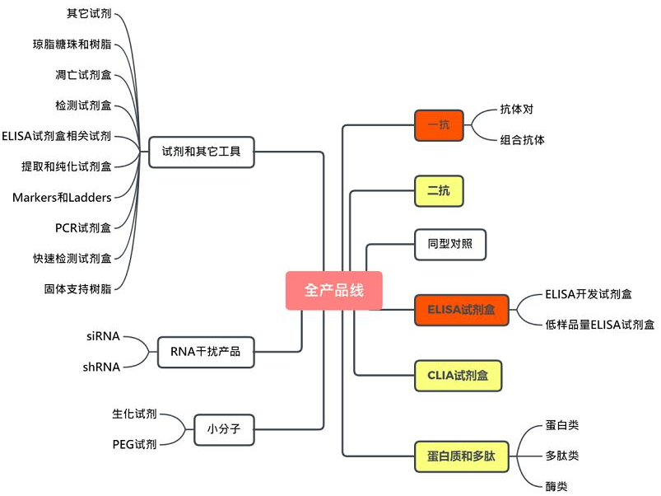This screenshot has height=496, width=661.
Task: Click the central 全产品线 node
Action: (x=333, y=290)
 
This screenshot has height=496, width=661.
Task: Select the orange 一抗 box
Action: (x=439, y=125)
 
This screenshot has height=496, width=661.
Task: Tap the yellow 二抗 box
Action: (x=439, y=191)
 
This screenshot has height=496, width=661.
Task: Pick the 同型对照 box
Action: (x=450, y=244)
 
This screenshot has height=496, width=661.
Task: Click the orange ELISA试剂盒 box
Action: (x=461, y=310)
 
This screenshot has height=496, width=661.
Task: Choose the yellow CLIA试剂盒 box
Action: (x=458, y=375)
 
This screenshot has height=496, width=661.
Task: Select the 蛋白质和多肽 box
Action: (x=461, y=456)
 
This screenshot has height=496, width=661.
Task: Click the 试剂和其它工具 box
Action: (x=202, y=152)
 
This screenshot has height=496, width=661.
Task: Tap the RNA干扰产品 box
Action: (x=205, y=351)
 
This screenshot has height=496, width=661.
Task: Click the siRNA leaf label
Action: (x=103, y=336)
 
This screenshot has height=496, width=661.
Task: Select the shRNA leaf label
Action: (x=101, y=366)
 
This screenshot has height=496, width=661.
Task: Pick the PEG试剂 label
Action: (x=134, y=444)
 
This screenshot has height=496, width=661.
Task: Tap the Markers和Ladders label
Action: (x=62, y=197)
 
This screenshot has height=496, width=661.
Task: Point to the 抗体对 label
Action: (x=523, y=110)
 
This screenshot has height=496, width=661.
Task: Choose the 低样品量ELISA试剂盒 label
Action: (x=599, y=325)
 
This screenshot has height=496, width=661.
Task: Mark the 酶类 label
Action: (x=556, y=486)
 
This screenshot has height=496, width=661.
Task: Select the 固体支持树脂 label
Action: (x=77, y=288)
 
